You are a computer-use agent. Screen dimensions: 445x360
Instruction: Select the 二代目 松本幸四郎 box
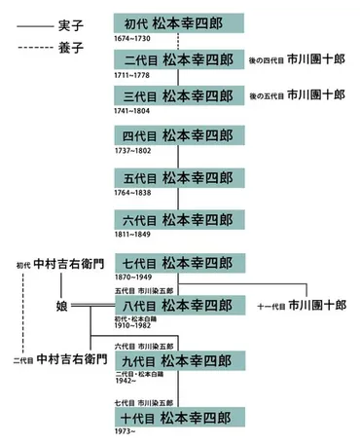pos(177,60)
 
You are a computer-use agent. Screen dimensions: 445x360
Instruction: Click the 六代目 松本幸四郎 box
pos(177,218)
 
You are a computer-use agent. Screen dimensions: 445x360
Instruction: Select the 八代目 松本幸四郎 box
pos(177,304)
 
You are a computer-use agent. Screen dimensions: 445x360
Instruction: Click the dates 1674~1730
pos(134,36)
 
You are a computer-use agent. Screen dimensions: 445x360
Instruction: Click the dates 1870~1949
pos(134,277)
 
